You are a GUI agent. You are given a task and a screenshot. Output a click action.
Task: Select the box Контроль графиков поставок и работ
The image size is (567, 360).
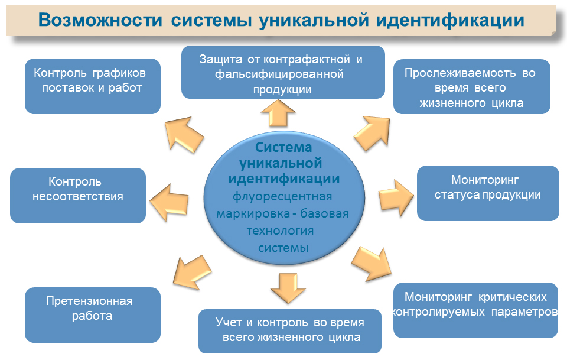[92, 86]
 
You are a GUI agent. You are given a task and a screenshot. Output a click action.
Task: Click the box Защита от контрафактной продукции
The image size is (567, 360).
[283, 72]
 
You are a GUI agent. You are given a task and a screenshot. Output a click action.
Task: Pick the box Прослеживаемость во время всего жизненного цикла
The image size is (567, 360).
[471, 86]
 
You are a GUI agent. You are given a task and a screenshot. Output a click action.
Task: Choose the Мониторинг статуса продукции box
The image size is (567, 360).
[488, 193]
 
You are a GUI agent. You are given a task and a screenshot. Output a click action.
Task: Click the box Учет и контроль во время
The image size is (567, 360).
[289, 330]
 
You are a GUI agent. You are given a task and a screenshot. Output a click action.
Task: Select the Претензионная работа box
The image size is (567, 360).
[92, 314]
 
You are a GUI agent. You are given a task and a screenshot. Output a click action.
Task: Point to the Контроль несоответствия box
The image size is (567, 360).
[78, 195]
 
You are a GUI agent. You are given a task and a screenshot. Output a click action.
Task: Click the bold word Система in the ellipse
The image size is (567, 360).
[283, 147]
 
